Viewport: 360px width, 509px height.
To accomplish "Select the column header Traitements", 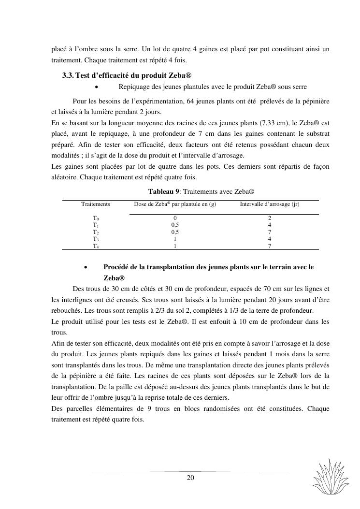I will (96, 204).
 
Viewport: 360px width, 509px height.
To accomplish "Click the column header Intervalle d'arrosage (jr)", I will (270, 204).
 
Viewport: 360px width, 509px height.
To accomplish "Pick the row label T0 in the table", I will (96, 218).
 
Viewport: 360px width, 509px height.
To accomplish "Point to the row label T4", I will (96, 246).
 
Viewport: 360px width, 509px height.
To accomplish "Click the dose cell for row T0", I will (175, 218).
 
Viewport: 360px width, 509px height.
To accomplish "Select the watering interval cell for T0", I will (270, 218).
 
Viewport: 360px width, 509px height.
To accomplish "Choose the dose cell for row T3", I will (175, 239).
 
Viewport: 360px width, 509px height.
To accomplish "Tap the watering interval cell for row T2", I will (270, 232).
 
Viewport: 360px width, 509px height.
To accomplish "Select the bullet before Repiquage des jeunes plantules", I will (97, 87).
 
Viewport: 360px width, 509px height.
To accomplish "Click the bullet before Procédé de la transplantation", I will (86, 267).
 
